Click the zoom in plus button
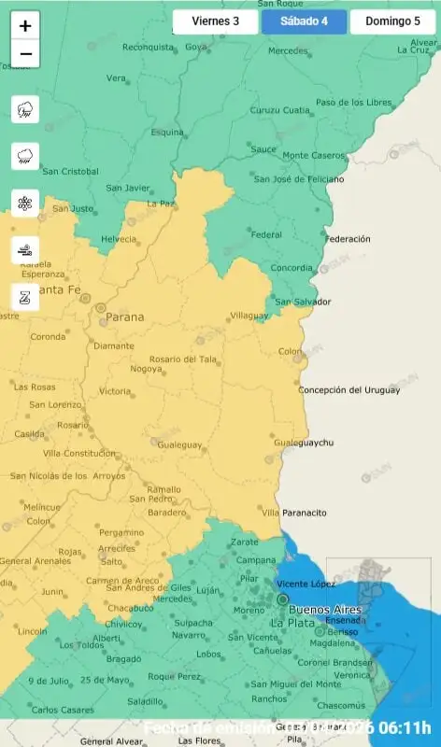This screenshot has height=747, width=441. tap(25, 26)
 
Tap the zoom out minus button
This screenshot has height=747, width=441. tap(25, 54)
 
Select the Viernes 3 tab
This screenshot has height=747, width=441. tap(215, 21)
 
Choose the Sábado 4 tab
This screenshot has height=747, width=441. tap(304, 21)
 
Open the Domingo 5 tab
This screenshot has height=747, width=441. tap(392, 21)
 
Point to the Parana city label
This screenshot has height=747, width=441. tap(125, 317)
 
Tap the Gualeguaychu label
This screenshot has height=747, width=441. tap(309, 442)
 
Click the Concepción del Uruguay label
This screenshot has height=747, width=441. tap(349, 389)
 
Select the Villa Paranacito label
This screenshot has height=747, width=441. tap(294, 513)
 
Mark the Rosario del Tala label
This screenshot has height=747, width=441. tap(184, 359)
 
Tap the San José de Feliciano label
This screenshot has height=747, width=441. tap(299, 179)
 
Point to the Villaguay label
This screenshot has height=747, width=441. tap(249, 316)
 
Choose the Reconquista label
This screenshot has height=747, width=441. tap(148, 47)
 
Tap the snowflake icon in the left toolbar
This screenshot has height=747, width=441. tap(25, 203)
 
